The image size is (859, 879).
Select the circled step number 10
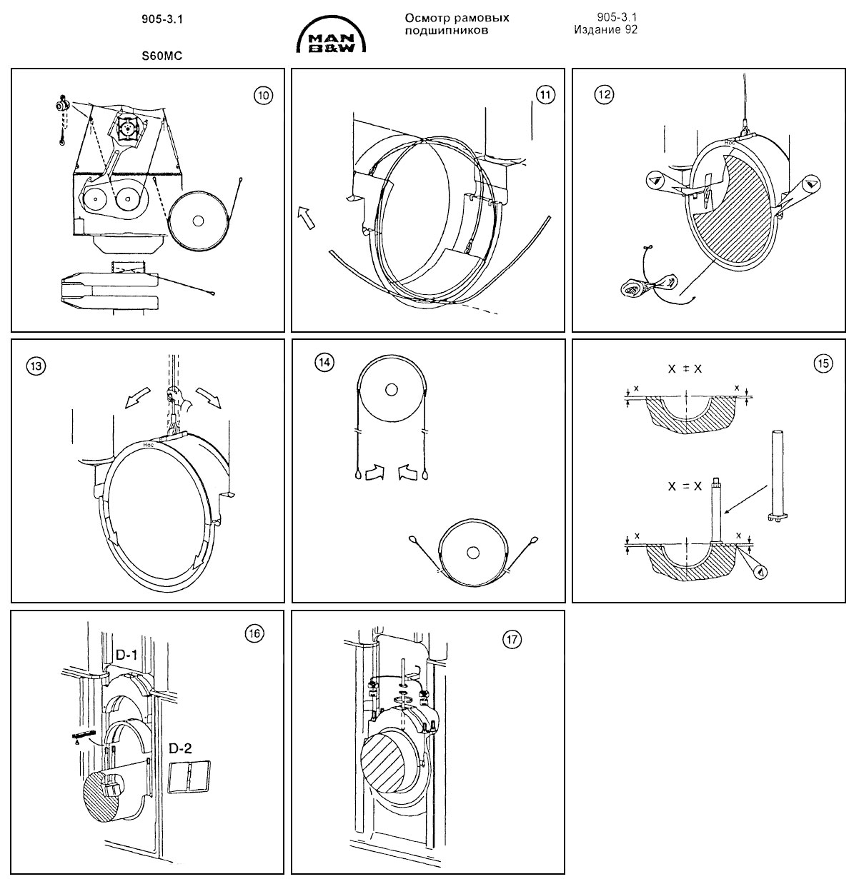(264, 95)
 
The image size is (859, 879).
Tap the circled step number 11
(545, 95)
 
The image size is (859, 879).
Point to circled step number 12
(605, 94)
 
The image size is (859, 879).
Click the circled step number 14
(324, 362)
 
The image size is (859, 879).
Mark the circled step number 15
(823, 363)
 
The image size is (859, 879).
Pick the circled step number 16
(254, 632)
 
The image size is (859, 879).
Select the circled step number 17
(511, 640)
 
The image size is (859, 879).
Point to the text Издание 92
(605, 30)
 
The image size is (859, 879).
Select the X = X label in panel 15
(685, 486)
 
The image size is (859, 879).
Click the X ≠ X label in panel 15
(685, 369)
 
